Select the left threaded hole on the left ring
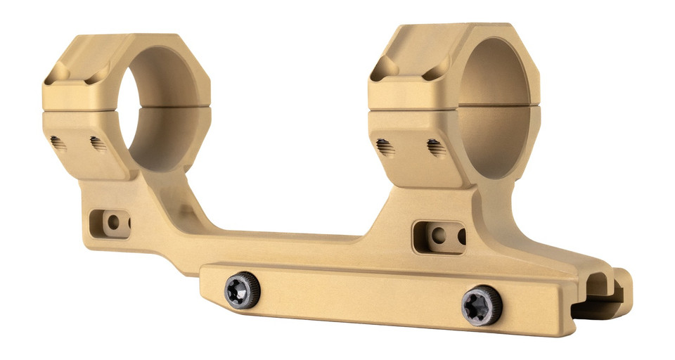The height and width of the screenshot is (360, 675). tap(59, 144)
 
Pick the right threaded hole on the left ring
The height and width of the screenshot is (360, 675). tap(98, 143)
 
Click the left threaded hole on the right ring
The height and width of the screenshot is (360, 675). tap(384, 148)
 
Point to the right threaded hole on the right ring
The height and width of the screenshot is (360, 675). tap(436, 148)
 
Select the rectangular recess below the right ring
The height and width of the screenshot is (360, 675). tap(439, 237)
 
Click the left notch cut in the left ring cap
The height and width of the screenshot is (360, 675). tap(59, 71)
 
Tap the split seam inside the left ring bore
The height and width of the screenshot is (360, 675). tap(169, 107)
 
